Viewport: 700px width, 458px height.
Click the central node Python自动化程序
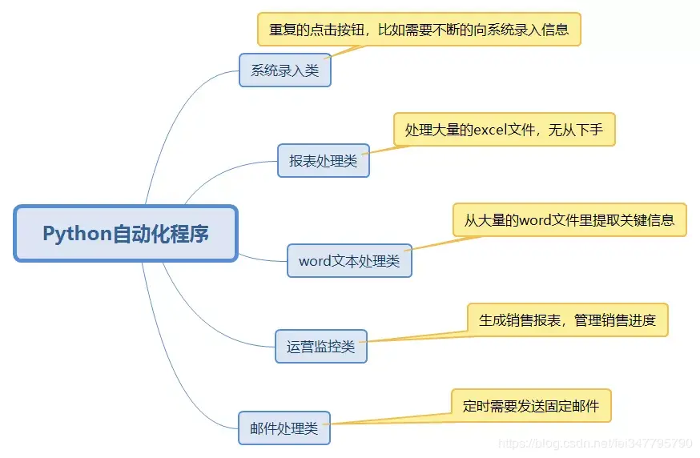coord(126,234)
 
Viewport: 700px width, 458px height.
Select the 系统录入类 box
coord(284,70)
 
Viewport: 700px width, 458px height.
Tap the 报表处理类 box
coord(323,161)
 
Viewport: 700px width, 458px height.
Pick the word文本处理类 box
coord(349,261)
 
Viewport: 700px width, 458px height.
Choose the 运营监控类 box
coord(320,347)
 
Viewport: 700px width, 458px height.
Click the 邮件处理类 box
coord(284,428)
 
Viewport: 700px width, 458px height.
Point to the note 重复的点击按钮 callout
coord(418,30)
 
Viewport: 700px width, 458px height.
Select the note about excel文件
coord(504,129)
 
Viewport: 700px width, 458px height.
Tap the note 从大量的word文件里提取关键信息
coord(569,220)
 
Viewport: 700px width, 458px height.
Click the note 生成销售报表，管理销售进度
coord(567,320)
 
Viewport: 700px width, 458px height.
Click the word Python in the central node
coord(76,234)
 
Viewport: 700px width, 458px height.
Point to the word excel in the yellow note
coord(497,129)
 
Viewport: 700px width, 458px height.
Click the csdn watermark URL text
coord(594,442)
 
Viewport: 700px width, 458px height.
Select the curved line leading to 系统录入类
coord(172,120)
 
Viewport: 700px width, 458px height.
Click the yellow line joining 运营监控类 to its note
coord(416,337)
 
